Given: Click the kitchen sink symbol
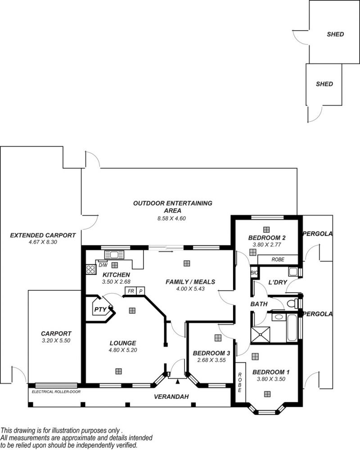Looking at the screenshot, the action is (x=114, y=254).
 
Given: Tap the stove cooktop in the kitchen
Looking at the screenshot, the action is (x=91, y=269).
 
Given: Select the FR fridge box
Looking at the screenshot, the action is (x=131, y=291).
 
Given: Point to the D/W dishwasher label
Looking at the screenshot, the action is (x=103, y=265).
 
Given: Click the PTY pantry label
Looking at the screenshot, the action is (x=100, y=309).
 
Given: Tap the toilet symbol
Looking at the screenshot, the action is (x=293, y=303).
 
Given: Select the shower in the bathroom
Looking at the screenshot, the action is (x=260, y=334).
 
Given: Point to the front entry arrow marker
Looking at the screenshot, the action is (x=178, y=381).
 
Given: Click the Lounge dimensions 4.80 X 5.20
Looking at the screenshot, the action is (x=123, y=350).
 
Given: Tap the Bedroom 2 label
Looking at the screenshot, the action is (x=266, y=238).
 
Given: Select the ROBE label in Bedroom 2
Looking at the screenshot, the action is (x=278, y=259).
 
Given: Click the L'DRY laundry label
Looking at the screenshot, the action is (x=278, y=282).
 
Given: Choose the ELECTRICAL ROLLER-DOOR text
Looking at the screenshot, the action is (x=56, y=392).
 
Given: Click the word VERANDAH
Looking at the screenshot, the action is (x=171, y=397).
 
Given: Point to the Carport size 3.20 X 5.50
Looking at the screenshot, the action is (x=56, y=341).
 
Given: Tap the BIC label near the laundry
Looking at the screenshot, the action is (x=254, y=273).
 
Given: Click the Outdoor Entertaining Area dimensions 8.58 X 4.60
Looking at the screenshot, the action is (x=171, y=218).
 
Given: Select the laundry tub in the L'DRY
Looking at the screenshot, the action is (x=293, y=272).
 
